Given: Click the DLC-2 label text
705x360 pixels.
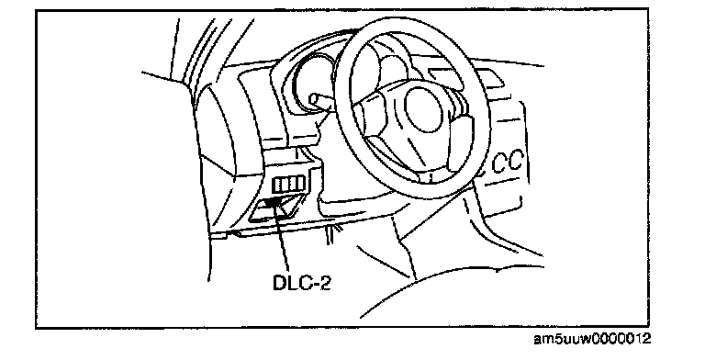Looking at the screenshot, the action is click(x=302, y=282).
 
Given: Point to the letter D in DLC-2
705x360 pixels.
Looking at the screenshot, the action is click(x=279, y=282).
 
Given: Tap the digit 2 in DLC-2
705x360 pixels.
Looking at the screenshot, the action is click(x=325, y=282).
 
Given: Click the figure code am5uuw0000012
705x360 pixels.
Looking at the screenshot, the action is click(x=592, y=338).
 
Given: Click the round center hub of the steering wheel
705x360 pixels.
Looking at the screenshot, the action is click(x=426, y=110).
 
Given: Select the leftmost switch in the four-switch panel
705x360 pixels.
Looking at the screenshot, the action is click(x=278, y=185).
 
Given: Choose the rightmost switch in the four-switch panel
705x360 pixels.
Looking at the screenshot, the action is click(x=301, y=183).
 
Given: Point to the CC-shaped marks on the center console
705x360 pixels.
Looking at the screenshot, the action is click(x=507, y=162).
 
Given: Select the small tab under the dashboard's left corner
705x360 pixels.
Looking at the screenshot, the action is click(x=219, y=234).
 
